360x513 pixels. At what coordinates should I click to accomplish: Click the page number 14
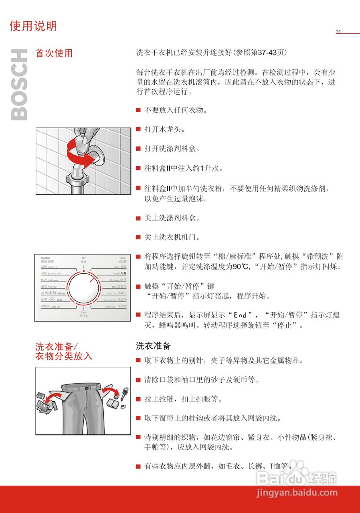pos(338,31)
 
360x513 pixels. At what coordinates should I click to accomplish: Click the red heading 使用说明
pos(33,26)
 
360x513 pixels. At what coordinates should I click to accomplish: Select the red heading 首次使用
pos(54,53)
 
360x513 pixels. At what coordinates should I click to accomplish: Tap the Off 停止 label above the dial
pos(83,259)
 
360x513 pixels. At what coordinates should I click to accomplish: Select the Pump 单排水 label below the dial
pos(83,314)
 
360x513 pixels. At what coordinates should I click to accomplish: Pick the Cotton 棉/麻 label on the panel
pos(123,260)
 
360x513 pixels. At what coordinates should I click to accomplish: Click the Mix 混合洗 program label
pos(119,287)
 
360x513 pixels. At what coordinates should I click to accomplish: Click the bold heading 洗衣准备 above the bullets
pos(153,345)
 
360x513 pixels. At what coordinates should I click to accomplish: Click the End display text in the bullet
pos(241,315)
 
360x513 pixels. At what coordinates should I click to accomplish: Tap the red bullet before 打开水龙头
pos(138,129)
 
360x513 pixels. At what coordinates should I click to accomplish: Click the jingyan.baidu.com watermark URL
pos(297,493)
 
